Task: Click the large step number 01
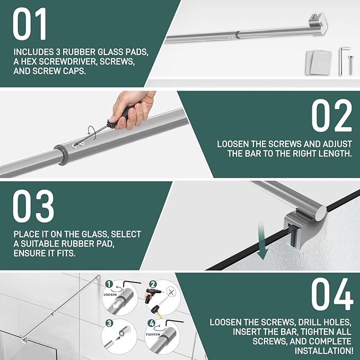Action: point(29,24)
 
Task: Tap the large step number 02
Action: point(331,116)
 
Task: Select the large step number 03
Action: point(33,206)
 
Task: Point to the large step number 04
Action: point(332,294)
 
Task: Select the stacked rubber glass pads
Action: point(319,63)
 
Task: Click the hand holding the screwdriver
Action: point(133,109)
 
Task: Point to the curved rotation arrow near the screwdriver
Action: point(92,133)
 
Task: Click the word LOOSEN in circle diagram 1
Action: point(110,295)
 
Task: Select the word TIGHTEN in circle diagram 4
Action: point(153,335)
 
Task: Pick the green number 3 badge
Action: point(109,323)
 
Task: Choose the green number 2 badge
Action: point(153,284)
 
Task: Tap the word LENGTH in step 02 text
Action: point(335,153)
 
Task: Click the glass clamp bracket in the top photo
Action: point(318,23)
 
